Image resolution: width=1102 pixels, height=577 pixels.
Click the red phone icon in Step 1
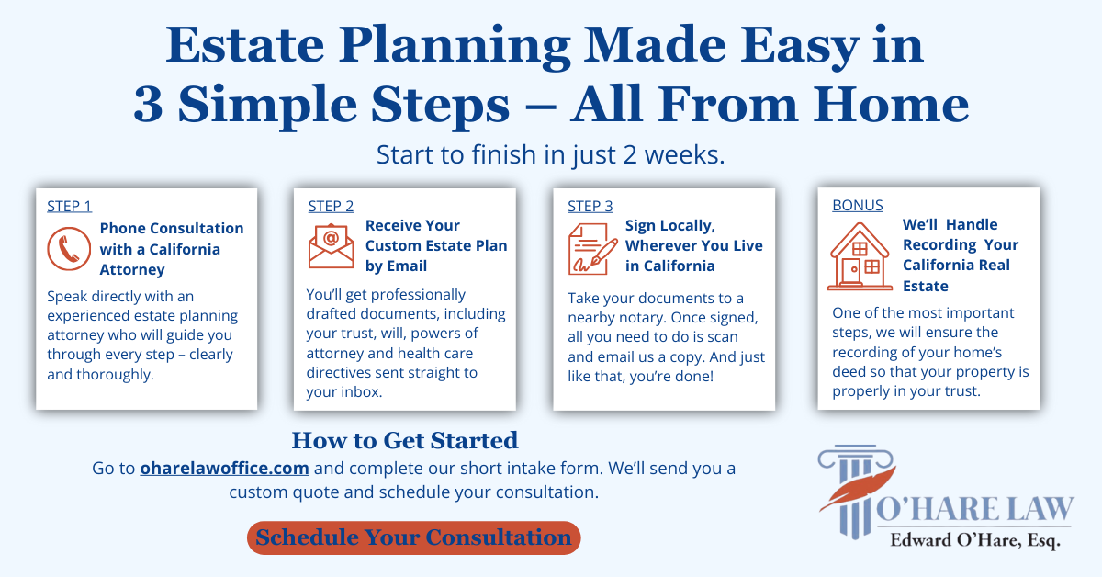click(x=69, y=249)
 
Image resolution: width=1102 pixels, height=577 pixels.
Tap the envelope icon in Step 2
click(x=332, y=246)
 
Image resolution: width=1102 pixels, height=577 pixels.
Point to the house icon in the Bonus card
click(x=860, y=256)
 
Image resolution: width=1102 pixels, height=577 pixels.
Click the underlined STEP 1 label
click(x=70, y=207)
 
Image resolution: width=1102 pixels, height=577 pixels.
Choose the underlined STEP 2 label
click(x=332, y=207)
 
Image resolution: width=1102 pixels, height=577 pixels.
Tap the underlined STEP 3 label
click(x=590, y=207)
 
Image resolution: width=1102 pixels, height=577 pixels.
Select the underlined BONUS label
click(x=858, y=205)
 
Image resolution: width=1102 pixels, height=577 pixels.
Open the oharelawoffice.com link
click(x=224, y=469)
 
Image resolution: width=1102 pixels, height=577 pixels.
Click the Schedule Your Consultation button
click(x=414, y=537)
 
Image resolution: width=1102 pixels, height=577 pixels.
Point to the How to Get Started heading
click(x=405, y=440)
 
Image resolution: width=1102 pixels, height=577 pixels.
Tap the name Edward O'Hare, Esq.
click(x=974, y=540)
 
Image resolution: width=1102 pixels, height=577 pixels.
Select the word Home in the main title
click(x=891, y=105)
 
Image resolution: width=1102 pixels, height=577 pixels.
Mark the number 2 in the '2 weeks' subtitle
click(x=630, y=154)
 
